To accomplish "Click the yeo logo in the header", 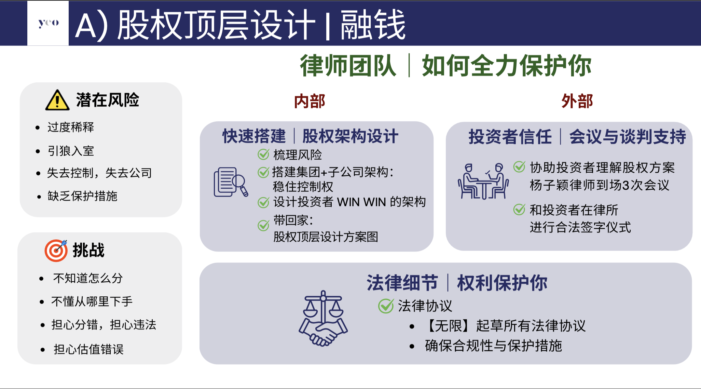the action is (x=49, y=23).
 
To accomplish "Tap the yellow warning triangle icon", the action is (x=57, y=100).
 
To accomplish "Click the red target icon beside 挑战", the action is (x=56, y=251).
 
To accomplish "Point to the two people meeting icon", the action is (x=483, y=181).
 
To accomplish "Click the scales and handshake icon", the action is (x=323, y=318).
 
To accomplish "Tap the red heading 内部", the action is (x=310, y=102).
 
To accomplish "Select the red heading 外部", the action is (x=577, y=101).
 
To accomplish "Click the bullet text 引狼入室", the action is (x=71, y=151).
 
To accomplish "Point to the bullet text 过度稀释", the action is (x=71, y=127).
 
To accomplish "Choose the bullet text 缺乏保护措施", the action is (x=82, y=196).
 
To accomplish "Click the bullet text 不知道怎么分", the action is (x=88, y=278).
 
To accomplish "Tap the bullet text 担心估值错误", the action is (x=88, y=349).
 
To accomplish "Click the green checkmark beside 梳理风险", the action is (x=263, y=155).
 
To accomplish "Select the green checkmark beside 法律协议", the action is (x=386, y=306).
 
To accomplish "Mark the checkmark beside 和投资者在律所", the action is (x=519, y=209).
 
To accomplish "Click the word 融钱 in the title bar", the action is (x=373, y=25).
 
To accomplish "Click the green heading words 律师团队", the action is (x=348, y=66).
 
